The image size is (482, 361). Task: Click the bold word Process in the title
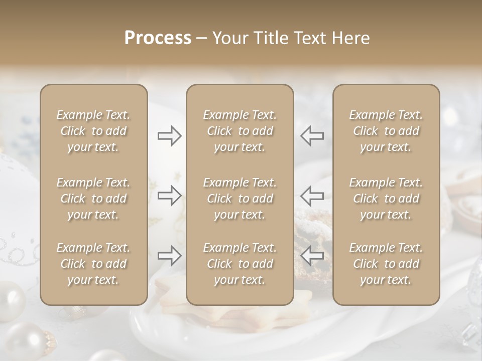pos(158,38)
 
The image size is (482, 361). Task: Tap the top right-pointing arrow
pos(169,135)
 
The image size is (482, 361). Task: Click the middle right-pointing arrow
pos(169,195)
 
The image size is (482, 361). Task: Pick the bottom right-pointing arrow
pos(169,256)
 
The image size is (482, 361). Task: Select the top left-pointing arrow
pos(312,135)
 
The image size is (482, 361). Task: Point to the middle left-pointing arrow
pos(312,195)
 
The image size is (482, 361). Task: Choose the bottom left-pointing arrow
pos(312,256)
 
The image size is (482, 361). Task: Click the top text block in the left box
pos(93,131)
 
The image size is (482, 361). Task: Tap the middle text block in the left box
pos(93,199)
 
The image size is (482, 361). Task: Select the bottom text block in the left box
pos(93,264)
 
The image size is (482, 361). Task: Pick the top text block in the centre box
pos(239,131)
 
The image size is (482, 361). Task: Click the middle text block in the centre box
pos(239,199)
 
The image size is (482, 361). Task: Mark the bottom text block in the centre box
pos(239,264)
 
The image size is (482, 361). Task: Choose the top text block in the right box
pos(386,131)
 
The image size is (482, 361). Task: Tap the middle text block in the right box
pos(386,199)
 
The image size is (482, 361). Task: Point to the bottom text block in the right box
pos(386,264)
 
